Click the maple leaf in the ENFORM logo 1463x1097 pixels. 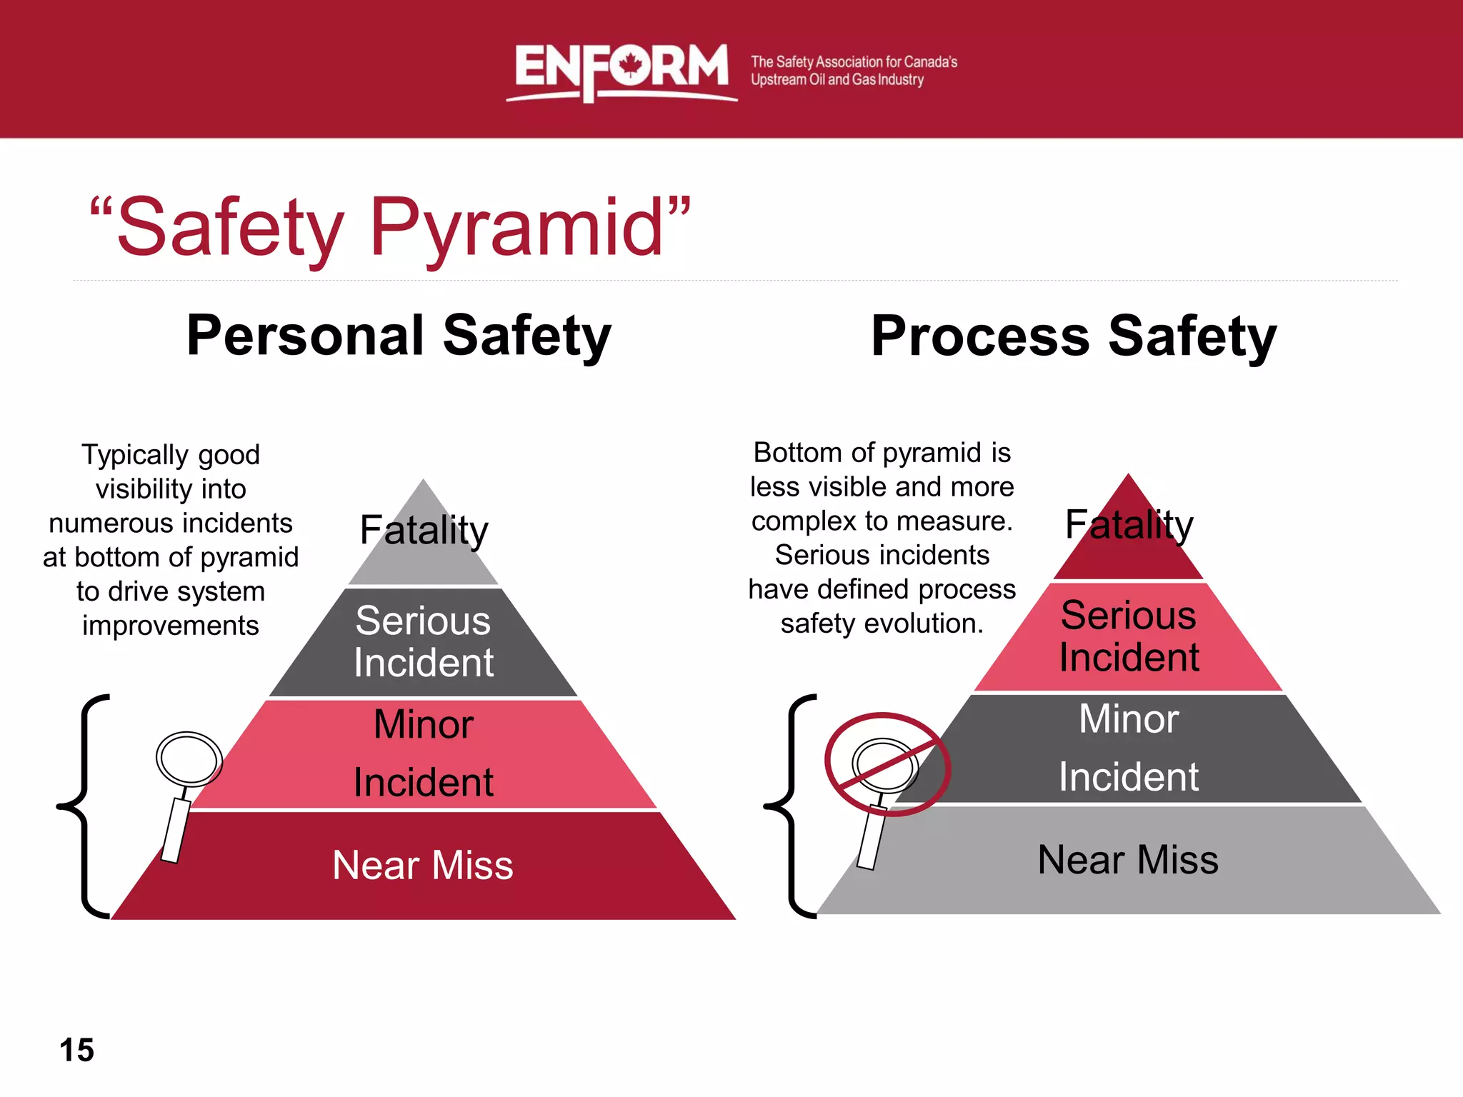pos(630,66)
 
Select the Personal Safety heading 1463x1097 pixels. pos(399,336)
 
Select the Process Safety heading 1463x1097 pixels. pos(1074,336)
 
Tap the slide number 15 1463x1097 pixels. pos(76,1050)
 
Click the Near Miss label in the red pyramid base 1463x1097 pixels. pos(423,866)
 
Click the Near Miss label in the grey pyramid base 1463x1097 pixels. pos(1127,860)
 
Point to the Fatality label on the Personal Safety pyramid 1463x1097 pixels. pos(424,531)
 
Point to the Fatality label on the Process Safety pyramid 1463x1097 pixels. pos(1129,526)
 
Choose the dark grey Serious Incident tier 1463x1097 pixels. pos(423,641)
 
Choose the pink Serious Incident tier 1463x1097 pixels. pos(1129,636)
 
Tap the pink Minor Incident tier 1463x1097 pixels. pos(423,753)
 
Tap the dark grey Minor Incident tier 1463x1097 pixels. pos(1129,748)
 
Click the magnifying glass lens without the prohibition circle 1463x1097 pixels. pos(189,758)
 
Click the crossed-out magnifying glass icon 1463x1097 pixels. pos(887,764)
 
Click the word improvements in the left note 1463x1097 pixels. pos(170,626)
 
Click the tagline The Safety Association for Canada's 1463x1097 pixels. pos(854,62)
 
